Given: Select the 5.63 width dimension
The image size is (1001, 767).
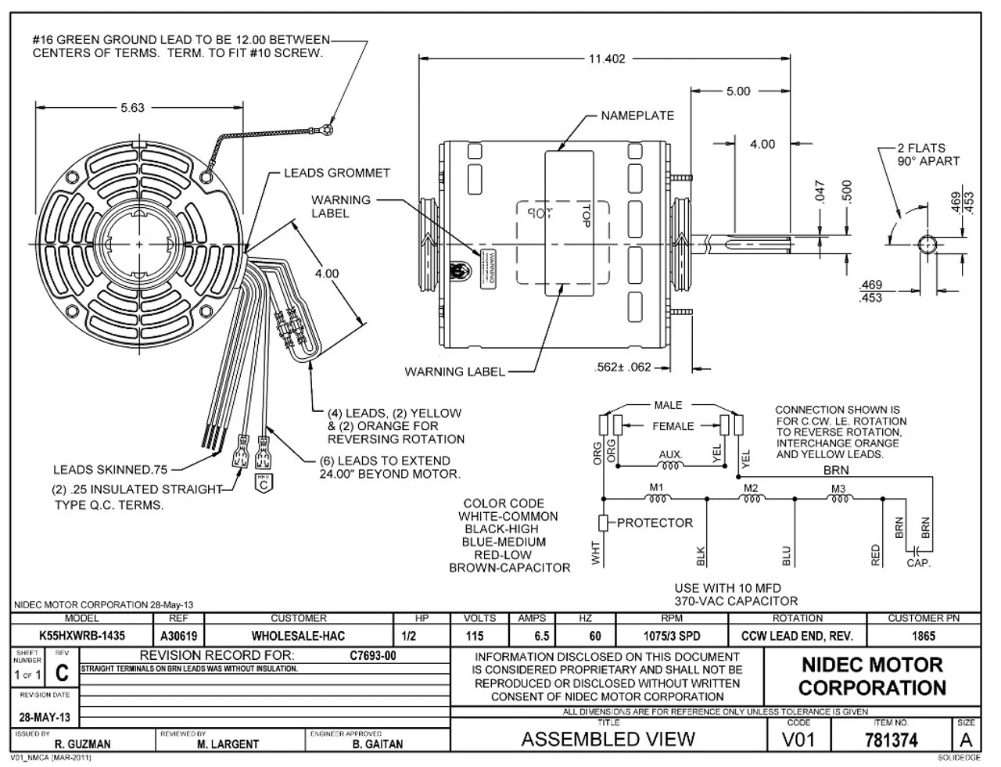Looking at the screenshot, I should [132, 108].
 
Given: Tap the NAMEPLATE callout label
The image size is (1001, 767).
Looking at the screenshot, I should [637, 116].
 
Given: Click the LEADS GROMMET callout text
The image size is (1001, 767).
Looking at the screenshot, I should [336, 173].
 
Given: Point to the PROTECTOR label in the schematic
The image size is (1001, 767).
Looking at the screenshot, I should [655, 523].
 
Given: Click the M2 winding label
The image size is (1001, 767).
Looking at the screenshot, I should [751, 488].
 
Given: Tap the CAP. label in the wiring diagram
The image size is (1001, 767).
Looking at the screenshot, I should [919, 563].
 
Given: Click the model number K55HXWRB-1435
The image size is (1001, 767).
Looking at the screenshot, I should [81, 636].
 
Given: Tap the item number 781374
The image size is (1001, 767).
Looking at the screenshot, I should [892, 739].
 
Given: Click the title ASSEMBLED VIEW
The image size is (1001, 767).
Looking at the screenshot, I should [608, 739].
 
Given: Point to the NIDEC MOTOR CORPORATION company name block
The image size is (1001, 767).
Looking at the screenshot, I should [873, 676].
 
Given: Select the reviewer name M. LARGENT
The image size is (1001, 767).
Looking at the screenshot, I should [228, 744].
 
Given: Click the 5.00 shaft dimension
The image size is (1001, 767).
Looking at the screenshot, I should [737, 91].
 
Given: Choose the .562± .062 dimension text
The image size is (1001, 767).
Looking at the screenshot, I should [623, 367].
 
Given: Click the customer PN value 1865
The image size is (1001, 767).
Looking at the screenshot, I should [923, 636].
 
